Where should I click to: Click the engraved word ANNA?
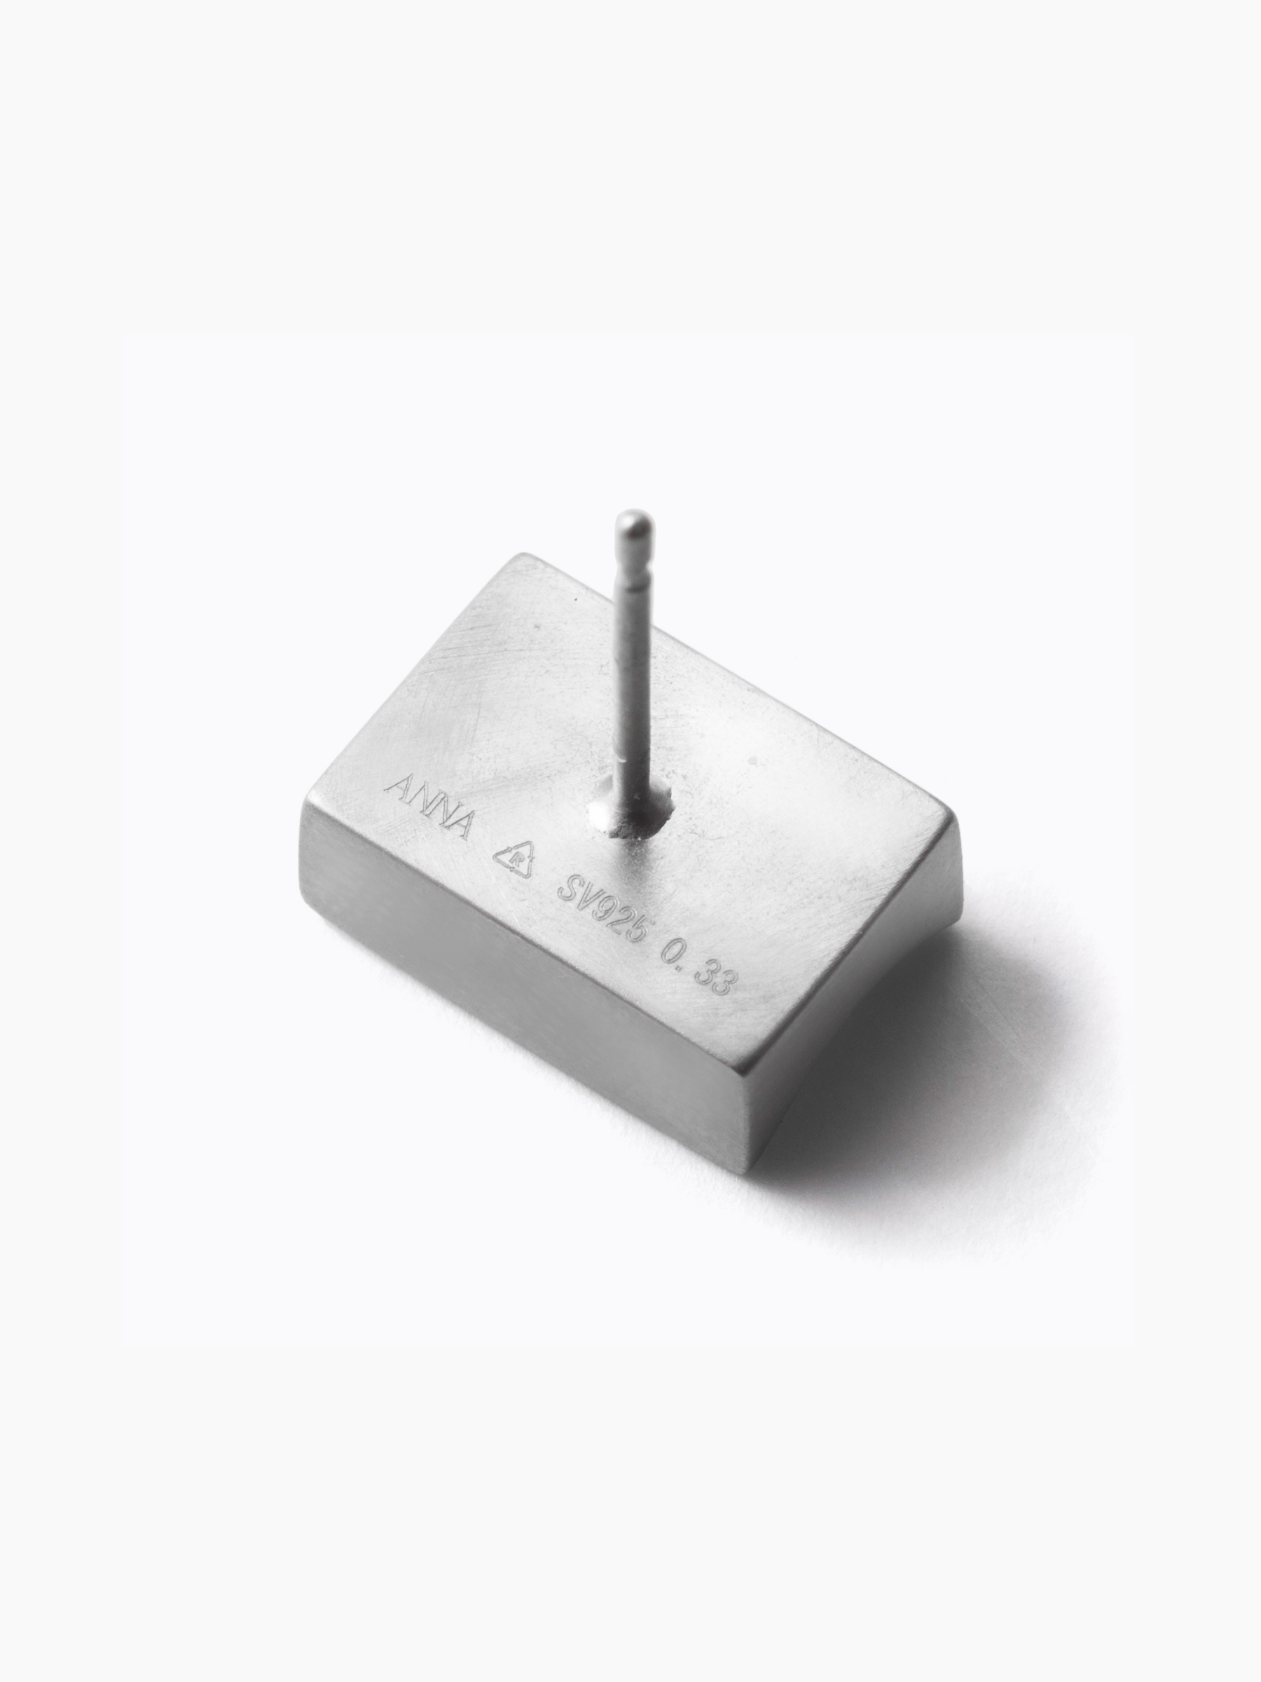(429, 807)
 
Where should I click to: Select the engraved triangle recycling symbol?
(516, 859)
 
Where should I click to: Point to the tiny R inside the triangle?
(517, 861)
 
